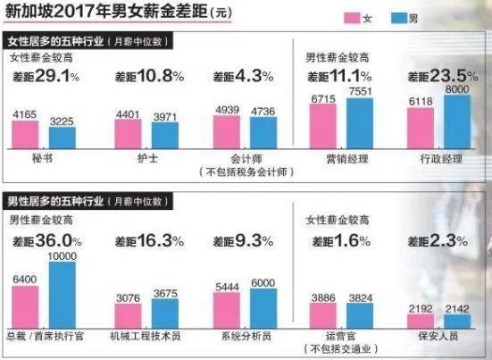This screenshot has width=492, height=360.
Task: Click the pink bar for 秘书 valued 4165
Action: (25, 135)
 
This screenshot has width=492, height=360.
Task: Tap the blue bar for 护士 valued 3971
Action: (164, 136)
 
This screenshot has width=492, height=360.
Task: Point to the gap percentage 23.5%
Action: (452, 78)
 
